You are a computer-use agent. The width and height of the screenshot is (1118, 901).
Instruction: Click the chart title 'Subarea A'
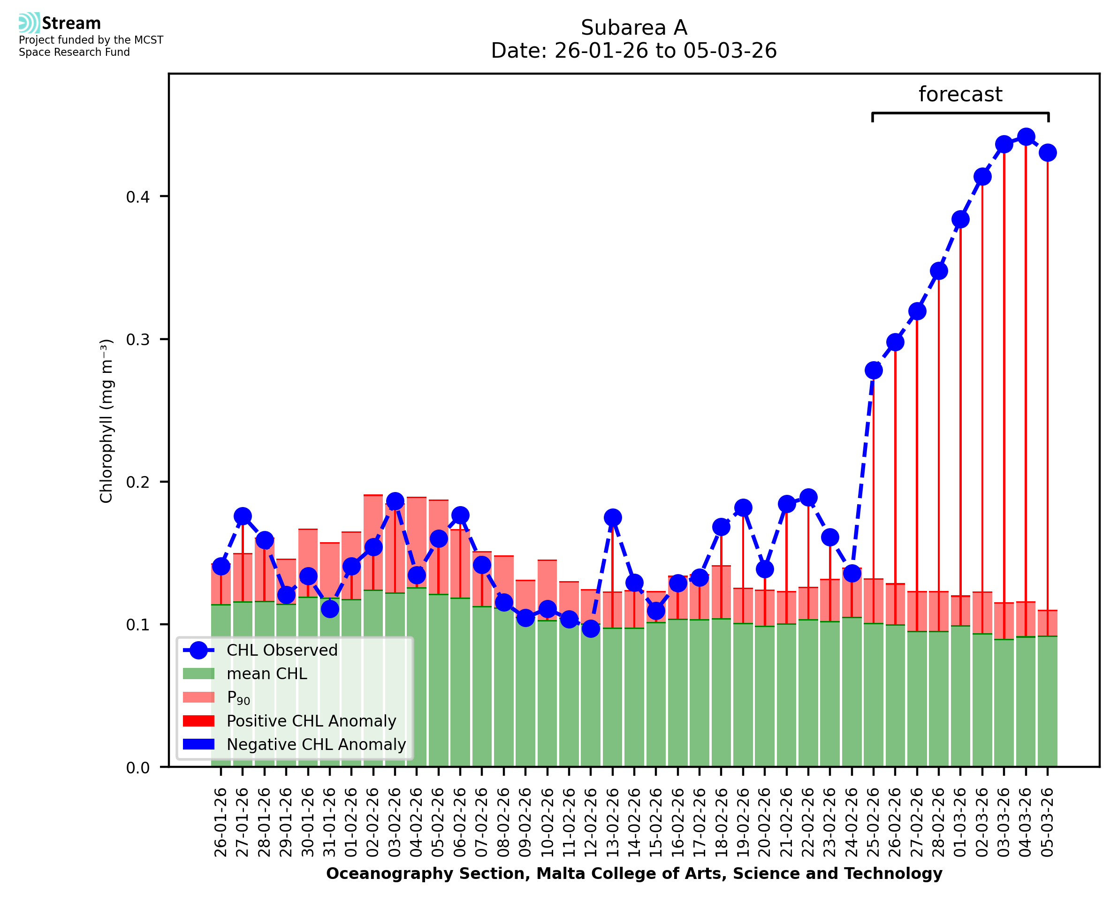[x=634, y=28]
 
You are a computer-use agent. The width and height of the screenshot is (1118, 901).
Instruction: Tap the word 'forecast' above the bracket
[x=960, y=94]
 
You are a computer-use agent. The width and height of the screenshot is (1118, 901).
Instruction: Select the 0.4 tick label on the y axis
[x=137, y=197]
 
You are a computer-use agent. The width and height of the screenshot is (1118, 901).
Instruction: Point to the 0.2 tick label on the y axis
[x=137, y=482]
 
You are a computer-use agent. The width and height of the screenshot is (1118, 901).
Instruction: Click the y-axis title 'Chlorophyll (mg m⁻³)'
[x=106, y=421]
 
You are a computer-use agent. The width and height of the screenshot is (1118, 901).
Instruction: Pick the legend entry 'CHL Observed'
[x=282, y=651]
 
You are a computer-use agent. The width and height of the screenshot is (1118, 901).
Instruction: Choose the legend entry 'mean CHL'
[x=267, y=674]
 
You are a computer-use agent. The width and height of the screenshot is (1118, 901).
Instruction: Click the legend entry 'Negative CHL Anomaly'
[x=316, y=744]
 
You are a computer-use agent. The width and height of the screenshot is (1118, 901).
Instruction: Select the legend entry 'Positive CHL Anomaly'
[x=312, y=721]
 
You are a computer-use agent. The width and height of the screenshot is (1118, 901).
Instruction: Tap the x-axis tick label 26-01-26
[x=221, y=822]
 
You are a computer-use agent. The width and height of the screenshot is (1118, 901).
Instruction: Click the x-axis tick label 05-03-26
[x=1048, y=822]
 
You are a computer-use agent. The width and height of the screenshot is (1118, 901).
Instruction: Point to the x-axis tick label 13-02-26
[x=612, y=822]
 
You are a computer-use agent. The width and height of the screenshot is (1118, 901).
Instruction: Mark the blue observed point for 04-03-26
[x=1026, y=137]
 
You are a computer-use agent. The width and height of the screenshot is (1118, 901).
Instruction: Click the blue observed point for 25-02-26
[x=874, y=371]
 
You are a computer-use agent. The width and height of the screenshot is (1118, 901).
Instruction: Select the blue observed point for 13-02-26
[x=612, y=517]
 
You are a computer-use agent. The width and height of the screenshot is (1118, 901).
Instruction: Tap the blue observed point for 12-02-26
[x=591, y=628]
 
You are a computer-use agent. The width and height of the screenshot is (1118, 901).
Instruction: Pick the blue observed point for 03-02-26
[x=395, y=501]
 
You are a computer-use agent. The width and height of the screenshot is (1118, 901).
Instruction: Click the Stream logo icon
[x=29, y=23]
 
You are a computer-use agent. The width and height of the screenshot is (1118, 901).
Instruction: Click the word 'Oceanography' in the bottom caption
[x=375, y=874]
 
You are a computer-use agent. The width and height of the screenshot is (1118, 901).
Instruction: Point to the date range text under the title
[x=634, y=51]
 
